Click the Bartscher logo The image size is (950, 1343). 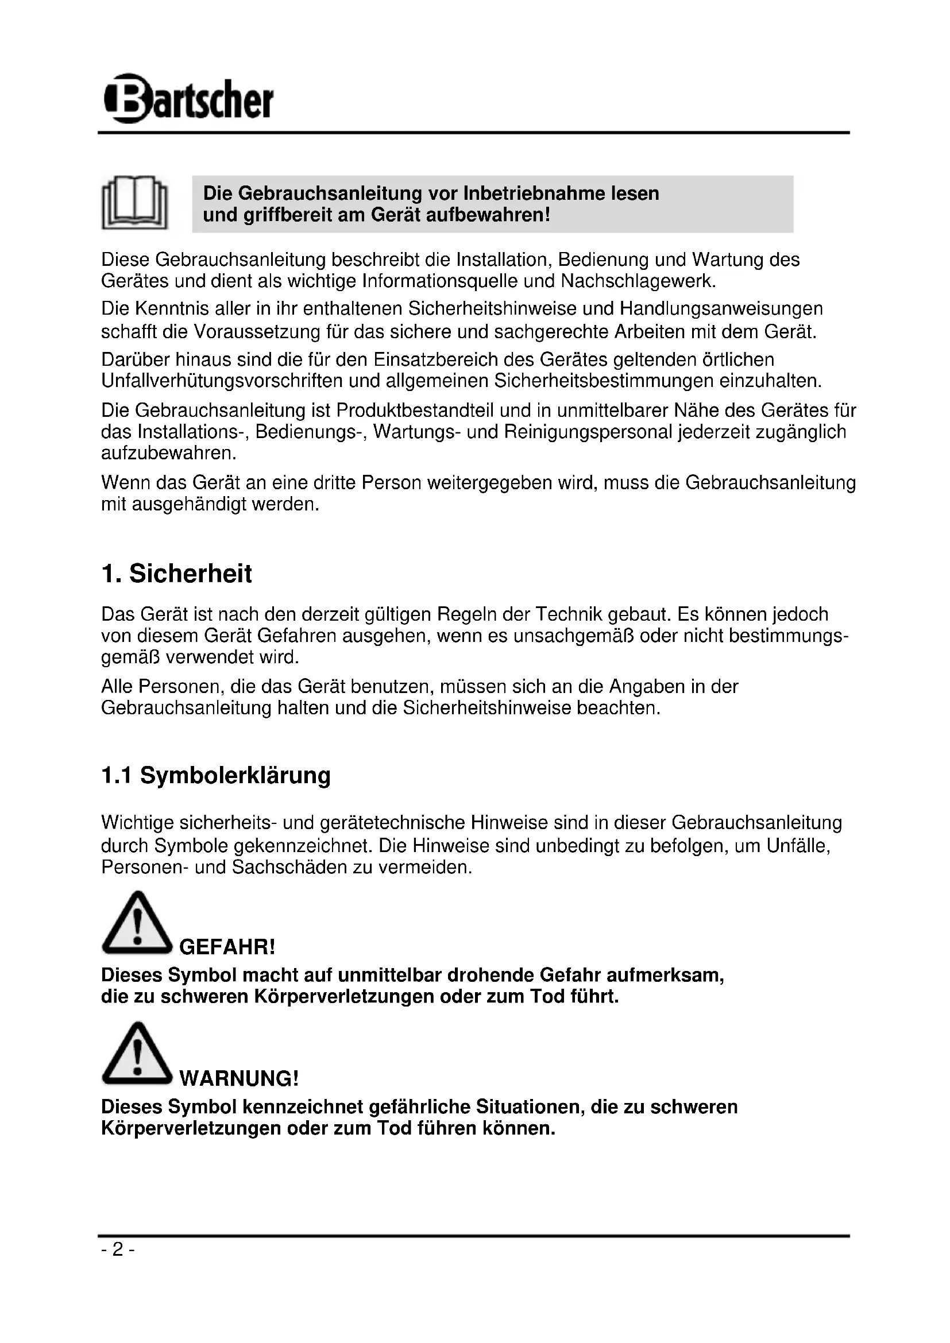pyautogui.click(x=188, y=98)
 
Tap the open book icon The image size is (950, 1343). pyautogui.click(x=135, y=202)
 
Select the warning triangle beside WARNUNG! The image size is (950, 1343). pyautogui.click(x=137, y=1054)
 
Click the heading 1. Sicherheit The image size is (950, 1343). pyautogui.click(x=176, y=574)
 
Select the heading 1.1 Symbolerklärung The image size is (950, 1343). pyautogui.click(x=216, y=776)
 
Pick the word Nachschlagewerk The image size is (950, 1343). pyautogui.click(x=638, y=281)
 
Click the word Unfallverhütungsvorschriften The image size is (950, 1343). pyautogui.click(x=223, y=381)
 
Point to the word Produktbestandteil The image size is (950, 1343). pyautogui.click(x=415, y=411)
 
